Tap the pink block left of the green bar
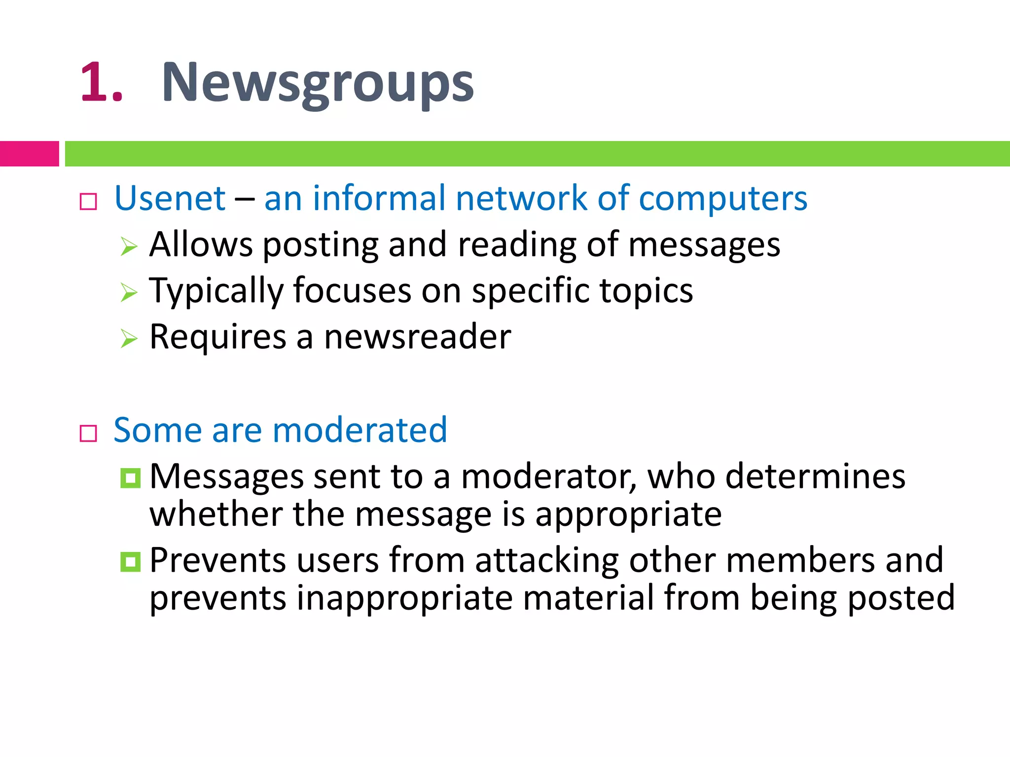click(29, 154)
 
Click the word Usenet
click(170, 198)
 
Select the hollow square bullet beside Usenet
click(88, 202)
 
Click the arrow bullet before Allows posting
click(129, 246)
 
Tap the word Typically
click(216, 291)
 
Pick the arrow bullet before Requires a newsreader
click(129, 339)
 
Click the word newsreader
click(417, 337)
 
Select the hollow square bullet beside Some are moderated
click(88, 434)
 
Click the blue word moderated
click(360, 430)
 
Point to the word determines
click(815, 477)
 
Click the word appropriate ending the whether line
click(628, 515)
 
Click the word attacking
click(547, 561)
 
